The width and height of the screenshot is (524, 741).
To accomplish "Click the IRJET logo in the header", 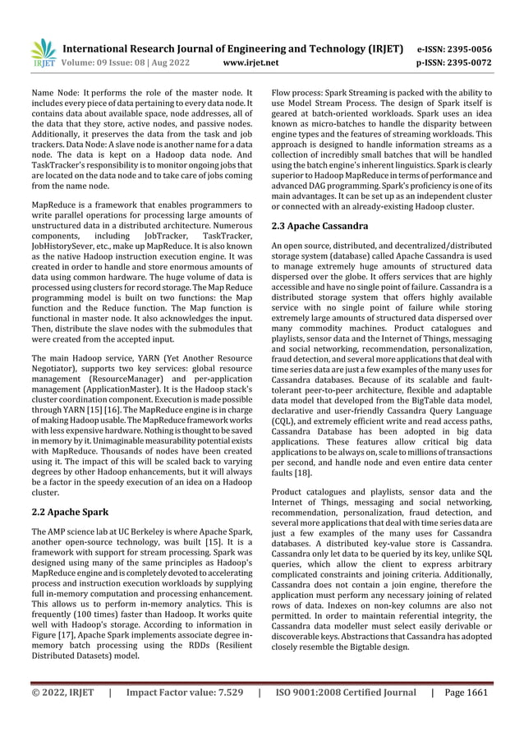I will (41, 53).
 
